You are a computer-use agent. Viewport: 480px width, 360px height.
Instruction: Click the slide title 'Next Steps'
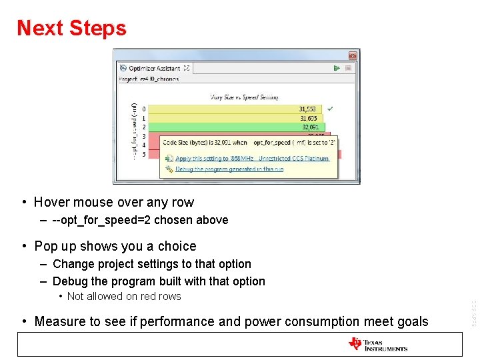71,28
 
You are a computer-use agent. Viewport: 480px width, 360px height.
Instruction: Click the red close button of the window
353,55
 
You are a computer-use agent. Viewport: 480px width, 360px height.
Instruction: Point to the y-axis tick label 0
144,109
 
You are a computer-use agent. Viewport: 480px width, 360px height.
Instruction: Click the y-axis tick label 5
144,154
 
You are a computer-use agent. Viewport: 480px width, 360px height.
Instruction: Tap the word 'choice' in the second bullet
177,246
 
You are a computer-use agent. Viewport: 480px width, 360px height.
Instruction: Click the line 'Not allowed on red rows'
124,297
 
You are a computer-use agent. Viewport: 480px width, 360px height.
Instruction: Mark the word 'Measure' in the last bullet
60,321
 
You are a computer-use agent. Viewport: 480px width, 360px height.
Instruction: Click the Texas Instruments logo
377,344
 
